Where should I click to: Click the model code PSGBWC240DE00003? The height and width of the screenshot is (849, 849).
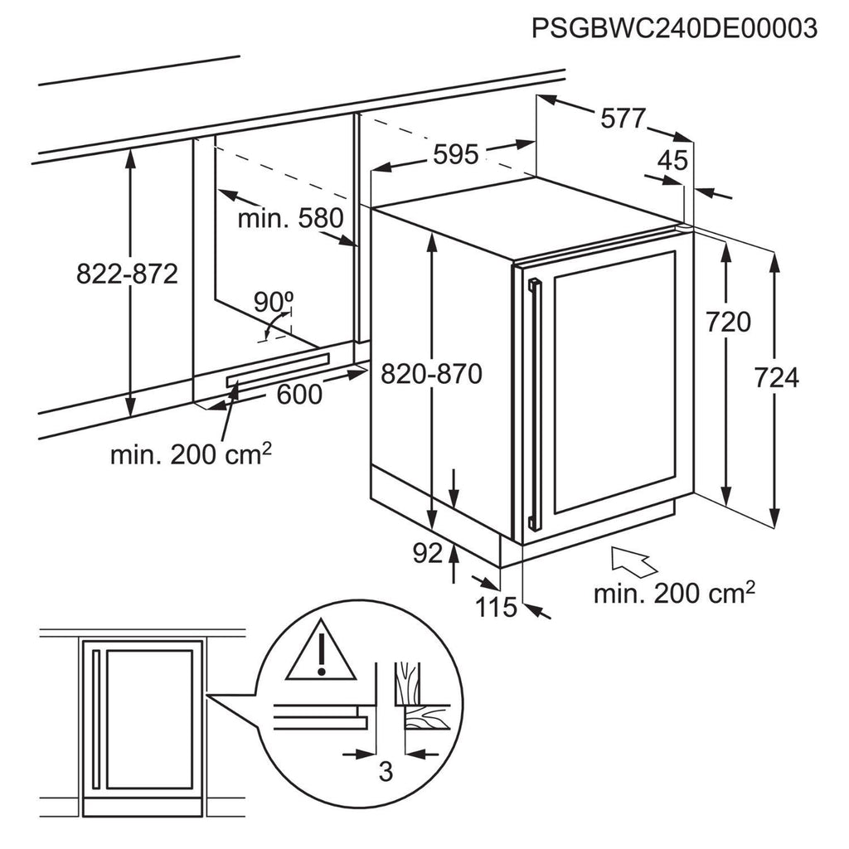point(673,28)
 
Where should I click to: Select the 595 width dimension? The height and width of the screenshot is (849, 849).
point(455,154)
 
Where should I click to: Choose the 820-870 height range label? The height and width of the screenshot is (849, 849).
point(431,375)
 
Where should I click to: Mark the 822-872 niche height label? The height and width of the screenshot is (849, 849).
point(127,274)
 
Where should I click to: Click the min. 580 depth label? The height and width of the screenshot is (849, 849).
point(289,219)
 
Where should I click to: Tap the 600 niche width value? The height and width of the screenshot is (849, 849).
point(299,395)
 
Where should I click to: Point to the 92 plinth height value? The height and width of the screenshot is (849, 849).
point(428,554)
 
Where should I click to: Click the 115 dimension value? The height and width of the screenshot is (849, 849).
point(497,608)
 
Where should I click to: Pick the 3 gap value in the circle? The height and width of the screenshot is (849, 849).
point(385,772)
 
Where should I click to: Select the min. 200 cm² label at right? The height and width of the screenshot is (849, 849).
point(673,593)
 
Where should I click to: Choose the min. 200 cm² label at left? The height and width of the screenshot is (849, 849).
point(192,454)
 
